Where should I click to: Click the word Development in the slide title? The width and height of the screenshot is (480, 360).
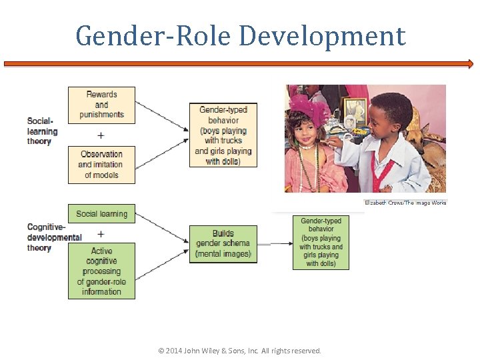[322, 36]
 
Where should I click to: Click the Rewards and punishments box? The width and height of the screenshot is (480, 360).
[101, 105]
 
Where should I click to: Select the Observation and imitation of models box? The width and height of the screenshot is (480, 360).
[101, 165]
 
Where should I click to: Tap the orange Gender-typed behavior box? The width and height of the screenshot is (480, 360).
[223, 135]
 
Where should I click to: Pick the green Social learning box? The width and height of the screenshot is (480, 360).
[101, 214]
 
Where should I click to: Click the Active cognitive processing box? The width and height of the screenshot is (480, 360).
[101, 271]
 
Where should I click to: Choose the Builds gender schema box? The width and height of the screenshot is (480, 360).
[223, 243]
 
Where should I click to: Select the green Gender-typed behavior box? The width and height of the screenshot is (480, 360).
[321, 242]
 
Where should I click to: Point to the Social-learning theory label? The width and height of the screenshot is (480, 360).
[43, 131]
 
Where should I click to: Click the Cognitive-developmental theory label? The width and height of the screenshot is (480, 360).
[53, 237]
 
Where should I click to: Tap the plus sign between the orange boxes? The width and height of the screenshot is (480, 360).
[101, 135]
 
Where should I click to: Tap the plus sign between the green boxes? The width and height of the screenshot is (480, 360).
[101, 234]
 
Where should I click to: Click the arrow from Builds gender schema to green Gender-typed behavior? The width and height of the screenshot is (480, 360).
[275, 243]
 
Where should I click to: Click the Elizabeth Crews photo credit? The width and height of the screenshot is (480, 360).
[405, 203]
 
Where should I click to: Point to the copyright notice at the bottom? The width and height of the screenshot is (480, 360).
[239, 351]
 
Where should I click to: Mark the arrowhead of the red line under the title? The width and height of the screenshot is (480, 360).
[470, 64]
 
